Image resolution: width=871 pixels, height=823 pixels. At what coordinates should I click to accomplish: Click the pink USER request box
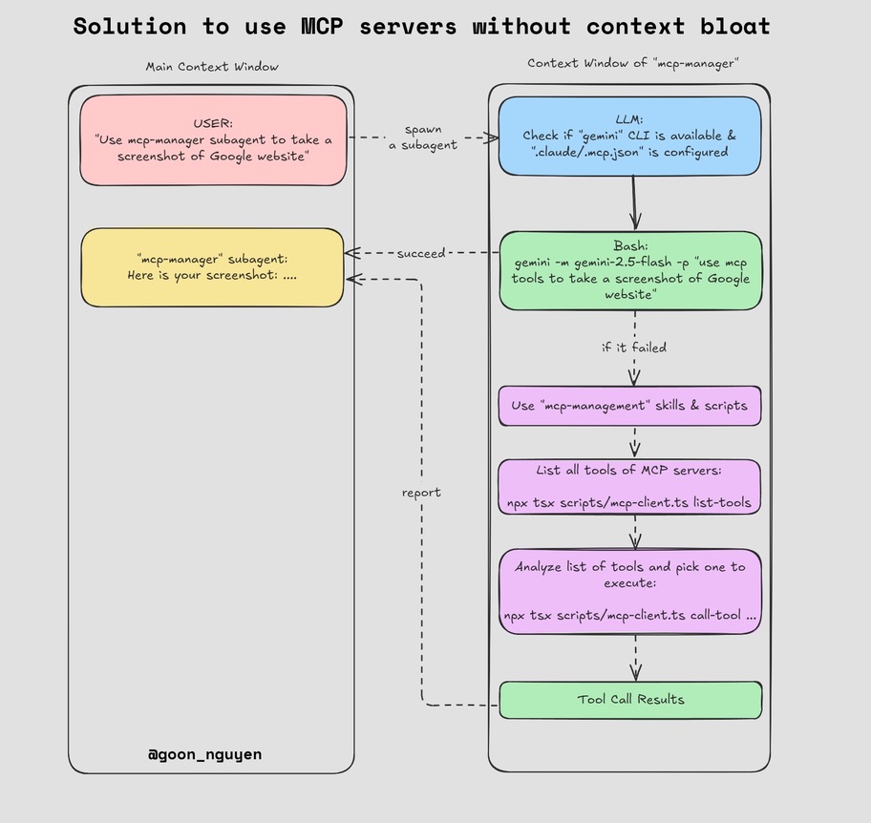coord(213,139)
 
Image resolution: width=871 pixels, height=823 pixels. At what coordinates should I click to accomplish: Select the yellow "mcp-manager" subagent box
coord(212,267)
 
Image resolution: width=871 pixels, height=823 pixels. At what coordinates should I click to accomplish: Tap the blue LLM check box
coord(629,136)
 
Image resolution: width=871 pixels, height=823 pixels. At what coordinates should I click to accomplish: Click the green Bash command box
coord(630,271)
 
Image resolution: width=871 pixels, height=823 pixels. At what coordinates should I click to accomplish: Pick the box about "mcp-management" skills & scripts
coord(629,406)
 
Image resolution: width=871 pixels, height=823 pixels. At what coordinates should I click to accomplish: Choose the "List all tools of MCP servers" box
coord(629,487)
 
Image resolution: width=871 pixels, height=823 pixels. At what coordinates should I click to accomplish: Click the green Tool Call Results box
coord(630,700)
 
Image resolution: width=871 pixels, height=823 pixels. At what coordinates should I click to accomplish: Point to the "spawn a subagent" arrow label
coord(422,137)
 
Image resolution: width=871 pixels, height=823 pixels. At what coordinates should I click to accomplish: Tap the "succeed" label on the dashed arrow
coord(421,253)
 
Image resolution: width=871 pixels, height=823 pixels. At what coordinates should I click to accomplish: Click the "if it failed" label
coord(634,347)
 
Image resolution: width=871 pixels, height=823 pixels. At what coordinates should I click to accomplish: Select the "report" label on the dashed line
coord(421,493)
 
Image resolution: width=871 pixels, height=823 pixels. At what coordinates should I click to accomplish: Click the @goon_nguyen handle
coord(204,754)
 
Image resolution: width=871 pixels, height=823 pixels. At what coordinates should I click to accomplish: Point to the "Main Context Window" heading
coord(212,67)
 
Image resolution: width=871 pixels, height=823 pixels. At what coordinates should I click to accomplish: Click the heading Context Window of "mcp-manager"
coord(633,63)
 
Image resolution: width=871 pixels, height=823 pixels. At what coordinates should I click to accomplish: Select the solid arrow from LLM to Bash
coord(634,202)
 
